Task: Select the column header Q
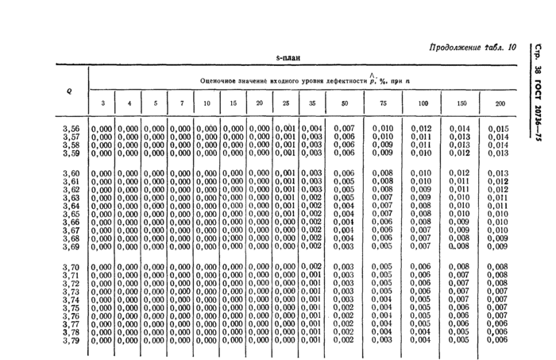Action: (69, 91)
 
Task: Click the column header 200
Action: (499, 104)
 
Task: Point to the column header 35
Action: (312, 104)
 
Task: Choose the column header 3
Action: (102, 104)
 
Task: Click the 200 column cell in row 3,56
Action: (498, 129)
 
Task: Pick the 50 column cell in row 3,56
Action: (343, 129)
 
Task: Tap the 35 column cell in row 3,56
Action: (312, 129)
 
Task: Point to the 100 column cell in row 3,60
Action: (421, 173)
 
